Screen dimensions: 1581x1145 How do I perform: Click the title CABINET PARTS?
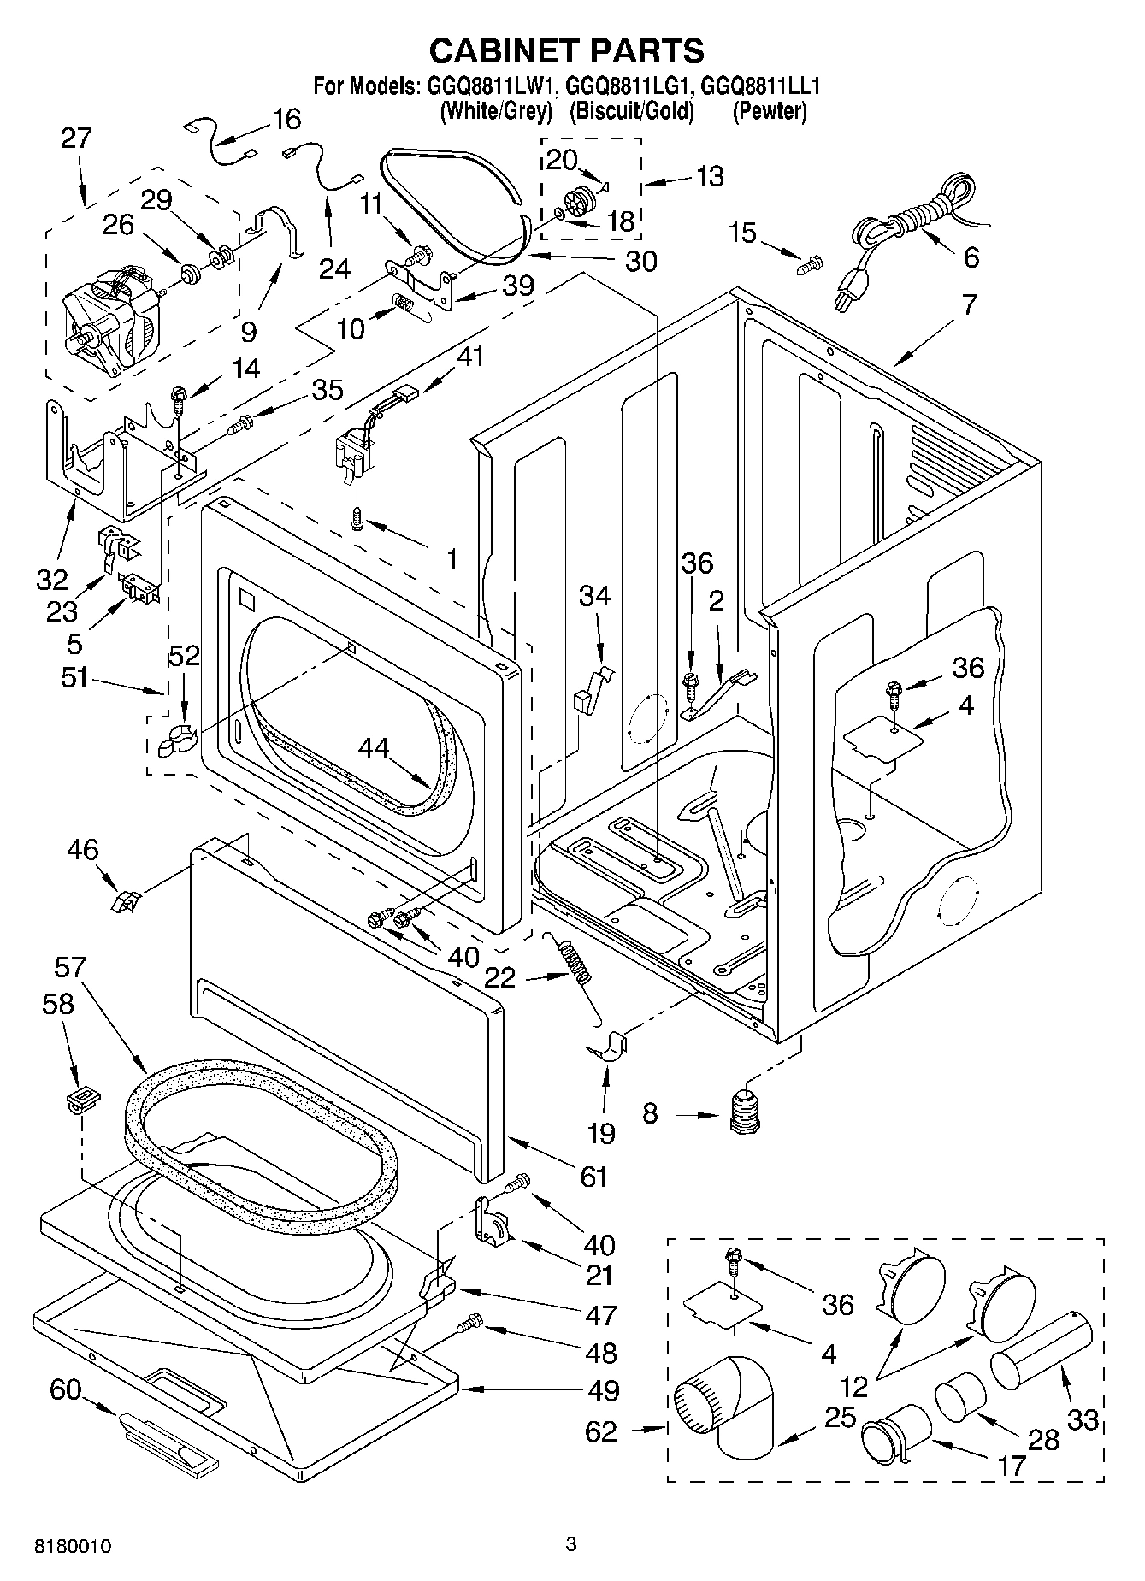click(x=566, y=50)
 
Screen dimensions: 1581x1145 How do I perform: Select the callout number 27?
click(x=76, y=139)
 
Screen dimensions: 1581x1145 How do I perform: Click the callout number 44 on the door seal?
click(x=374, y=748)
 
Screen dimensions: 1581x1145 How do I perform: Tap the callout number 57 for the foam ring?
click(x=69, y=967)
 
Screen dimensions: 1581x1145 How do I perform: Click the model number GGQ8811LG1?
click(x=632, y=86)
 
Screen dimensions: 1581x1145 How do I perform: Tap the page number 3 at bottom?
click(x=571, y=1543)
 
